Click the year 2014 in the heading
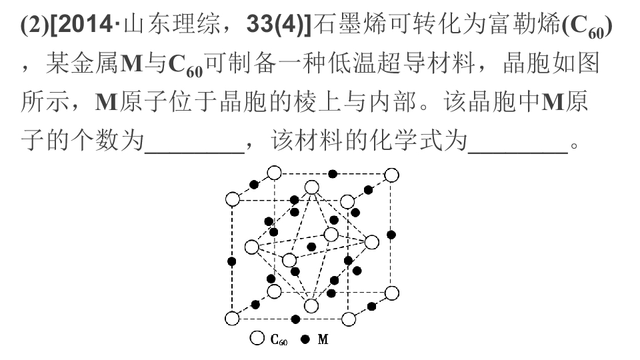pos(85,25)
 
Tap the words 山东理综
pos(171,25)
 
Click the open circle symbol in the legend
pos(257,338)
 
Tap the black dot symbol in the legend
pos(305,339)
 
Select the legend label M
pos(323,339)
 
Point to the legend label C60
pos(279,339)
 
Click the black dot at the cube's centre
pos(311,247)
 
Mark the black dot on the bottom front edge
pos(295,319)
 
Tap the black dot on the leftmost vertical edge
pos(232,261)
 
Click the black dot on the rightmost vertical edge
pos(391,235)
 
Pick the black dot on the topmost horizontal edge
pos(333,174)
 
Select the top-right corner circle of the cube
pos(392,175)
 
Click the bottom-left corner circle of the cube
pos(232,319)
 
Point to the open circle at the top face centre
pos(312,188)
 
